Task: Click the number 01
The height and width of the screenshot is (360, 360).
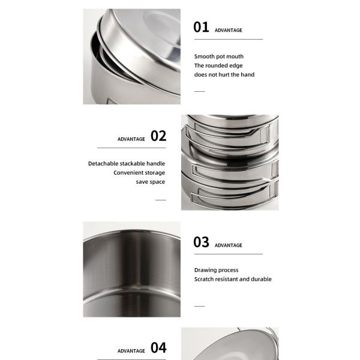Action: pyautogui.click(x=201, y=27)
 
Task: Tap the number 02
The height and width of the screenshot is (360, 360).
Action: pyautogui.click(x=158, y=136)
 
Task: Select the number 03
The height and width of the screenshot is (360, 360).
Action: pyautogui.click(x=201, y=242)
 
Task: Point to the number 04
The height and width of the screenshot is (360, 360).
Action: pyautogui.click(x=158, y=347)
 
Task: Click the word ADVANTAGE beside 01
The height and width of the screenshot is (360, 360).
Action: pyautogui.click(x=229, y=29)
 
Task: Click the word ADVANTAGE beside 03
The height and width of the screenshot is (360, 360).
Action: pyautogui.click(x=229, y=245)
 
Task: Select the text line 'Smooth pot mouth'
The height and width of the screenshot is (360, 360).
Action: pyautogui.click(x=218, y=56)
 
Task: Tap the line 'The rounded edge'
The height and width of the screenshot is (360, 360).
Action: pyautogui.click(x=218, y=65)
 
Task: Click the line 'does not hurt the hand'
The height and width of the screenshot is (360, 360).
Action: pyautogui.click(x=224, y=74)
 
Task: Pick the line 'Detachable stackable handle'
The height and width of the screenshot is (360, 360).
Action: pyautogui.click(x=127, y=163)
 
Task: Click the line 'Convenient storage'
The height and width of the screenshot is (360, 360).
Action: pyautogui.click(x=139, y=173)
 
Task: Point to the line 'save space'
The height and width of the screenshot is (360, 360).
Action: pyautogui.click(x=150, y=182)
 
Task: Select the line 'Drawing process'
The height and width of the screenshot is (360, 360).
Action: pyautogui.click(x=216, y=270)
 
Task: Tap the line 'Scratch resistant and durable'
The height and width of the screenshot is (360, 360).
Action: pyautogui.click(x=232, y=279)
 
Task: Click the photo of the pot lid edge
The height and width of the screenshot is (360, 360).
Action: pyautogui.click(x=131, y=56)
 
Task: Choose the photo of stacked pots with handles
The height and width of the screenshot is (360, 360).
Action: pyautogui.click(x=230, y=162)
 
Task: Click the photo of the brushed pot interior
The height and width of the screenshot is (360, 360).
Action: pyautogui.click(x=131, y=269)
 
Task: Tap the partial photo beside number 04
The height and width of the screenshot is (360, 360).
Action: pyautogui.click(x=230, y=343)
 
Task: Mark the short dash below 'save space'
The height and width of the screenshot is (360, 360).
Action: pyautogui.click(x=160, y=199)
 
